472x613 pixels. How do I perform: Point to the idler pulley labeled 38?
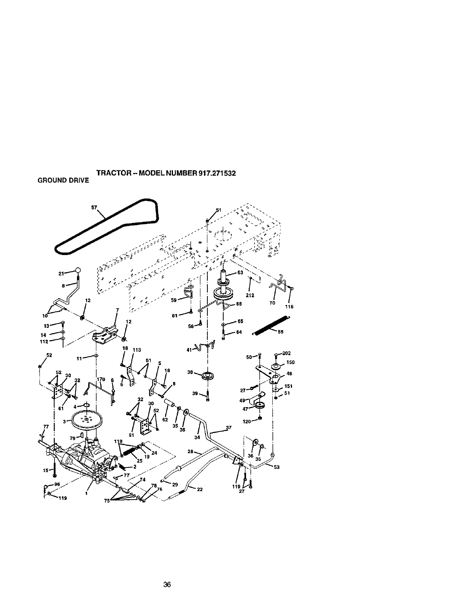[208, 375]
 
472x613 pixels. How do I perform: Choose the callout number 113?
[136, 350]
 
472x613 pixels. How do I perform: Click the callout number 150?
[291, 363]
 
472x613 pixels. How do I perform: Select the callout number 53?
[276, 467]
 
